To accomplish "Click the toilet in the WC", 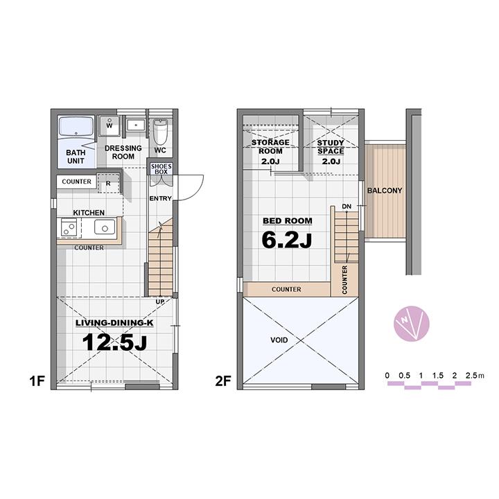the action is (x=160, y=132).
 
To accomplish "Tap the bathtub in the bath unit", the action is (x=76, y=127).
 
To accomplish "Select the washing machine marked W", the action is (x=110, y=125).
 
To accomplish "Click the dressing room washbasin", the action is (x=136, y=125).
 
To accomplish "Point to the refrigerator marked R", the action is (x=108, y=183).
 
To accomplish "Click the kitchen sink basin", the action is (x=105, y=227).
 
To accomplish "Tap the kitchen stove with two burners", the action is (x=69, y=228).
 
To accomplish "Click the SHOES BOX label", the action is (x=161, y=169).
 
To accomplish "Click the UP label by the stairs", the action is (x=160, y=301).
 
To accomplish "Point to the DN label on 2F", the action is (x=347, y=207).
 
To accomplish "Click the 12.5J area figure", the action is (x=114, y=342).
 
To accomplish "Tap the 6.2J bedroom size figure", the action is (x=286, y=240).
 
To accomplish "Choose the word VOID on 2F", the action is (x=279, y=340).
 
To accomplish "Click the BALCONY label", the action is (x=385, y=191).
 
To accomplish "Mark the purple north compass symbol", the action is (x=412, y=324).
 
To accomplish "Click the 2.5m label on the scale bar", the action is (x=475, y=376).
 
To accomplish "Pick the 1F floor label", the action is (x=37, y=380).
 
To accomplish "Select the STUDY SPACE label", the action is (x=331, y=147).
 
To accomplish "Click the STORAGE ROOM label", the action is (x=270, y=147).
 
